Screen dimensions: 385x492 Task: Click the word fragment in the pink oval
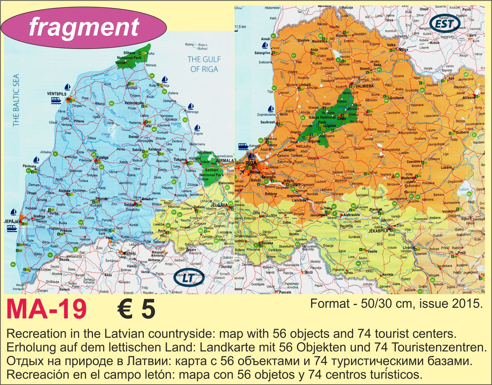[x=84, y=26]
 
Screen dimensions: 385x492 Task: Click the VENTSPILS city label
[x=57, y=94]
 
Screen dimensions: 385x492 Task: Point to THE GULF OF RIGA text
[x=204, y=64]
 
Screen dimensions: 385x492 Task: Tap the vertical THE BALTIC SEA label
[x=16, y=100]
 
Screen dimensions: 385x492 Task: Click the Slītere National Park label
[x=129, y=55]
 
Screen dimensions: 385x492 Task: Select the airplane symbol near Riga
[x=242, y=172]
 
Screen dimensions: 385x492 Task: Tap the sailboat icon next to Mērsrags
[x=191, y=106]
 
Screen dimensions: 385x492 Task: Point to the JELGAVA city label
[x=219, y=205]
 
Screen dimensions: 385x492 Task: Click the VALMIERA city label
[x=365, y=86]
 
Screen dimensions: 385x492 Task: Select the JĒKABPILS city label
[x=378, y=231]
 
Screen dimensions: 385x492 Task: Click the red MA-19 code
[x=46, y=309]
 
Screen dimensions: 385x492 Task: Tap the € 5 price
[x=136, y=309]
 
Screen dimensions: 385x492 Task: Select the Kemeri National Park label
[x=211, y=172]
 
